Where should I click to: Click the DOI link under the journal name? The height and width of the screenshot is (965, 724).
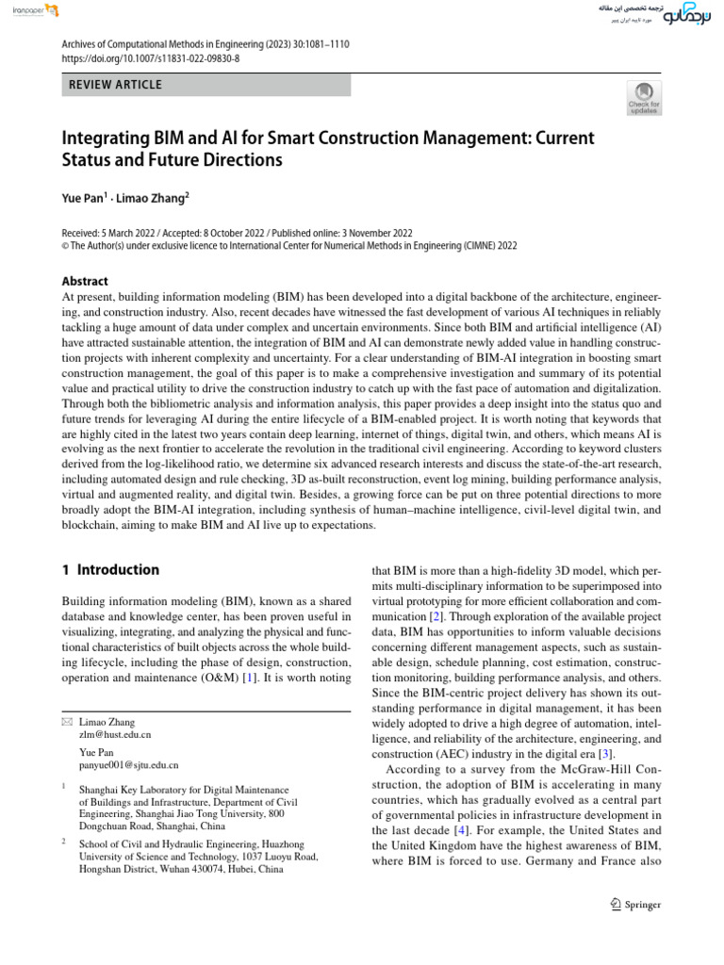click(x=151, y=57)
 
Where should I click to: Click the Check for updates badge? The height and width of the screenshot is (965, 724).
click(x=645, y=98)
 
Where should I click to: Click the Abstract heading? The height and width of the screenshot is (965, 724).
click(x=85, y=281)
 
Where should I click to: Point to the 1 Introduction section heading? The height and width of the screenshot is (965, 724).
click(x=110, y=570)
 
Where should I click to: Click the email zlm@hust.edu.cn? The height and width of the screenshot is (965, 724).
click(x=115, y=733)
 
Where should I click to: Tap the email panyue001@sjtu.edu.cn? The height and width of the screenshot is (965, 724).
click(x=129, y=766)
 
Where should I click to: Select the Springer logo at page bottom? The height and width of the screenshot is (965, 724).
click(x=636, y=905)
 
